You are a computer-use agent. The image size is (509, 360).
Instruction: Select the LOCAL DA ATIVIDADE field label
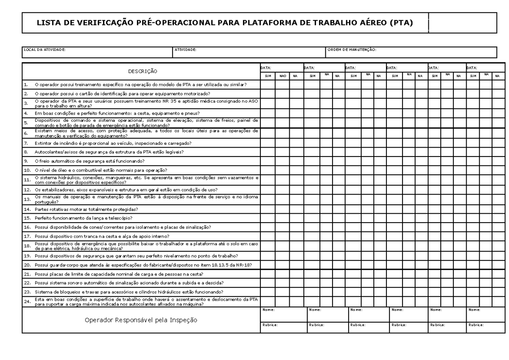(45, 50)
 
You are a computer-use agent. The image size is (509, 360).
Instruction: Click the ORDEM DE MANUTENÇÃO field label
(352, 50)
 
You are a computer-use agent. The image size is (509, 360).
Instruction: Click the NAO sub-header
(282, 76)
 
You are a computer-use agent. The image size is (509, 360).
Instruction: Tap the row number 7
(26, 143)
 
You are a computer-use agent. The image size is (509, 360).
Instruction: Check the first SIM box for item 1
(268, 85)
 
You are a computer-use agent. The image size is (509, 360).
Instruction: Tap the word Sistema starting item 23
(42, 292)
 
